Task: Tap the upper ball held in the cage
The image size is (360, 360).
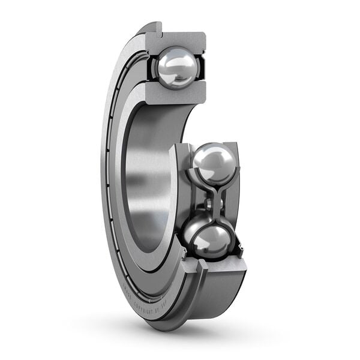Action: [x=214, y=163]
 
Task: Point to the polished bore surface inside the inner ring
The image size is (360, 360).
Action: [x=144, y=180]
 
